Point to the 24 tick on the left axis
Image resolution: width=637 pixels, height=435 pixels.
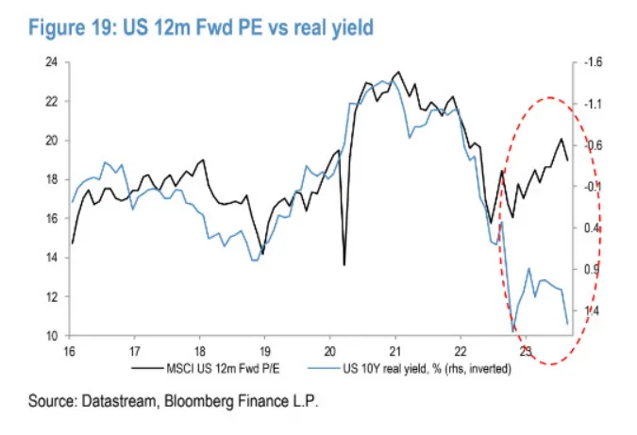tap(52, 62)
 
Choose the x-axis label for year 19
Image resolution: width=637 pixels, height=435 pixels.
tap(264, 347)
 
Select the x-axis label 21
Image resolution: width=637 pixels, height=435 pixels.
tap(396, 347)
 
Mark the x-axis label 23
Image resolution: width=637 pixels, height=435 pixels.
tap(528, 347)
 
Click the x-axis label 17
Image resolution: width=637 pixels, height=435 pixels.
tap(134, 347)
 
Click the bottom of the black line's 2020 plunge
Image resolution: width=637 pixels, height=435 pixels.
tap(344, 264)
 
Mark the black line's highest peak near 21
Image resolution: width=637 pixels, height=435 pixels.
tap(397, 72)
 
